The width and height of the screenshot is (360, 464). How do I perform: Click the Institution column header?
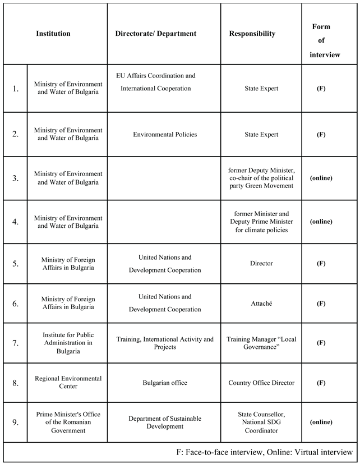[53, 34]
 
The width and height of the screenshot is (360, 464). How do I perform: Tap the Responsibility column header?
[252, 34]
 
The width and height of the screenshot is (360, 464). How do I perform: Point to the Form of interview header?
[321, 40]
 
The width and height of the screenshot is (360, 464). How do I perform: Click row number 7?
[15, 343]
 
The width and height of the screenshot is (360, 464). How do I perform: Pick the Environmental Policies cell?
[165, 135]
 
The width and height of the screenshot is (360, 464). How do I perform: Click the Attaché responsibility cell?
[261, 304]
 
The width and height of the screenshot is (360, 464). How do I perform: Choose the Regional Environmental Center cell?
[68, 383]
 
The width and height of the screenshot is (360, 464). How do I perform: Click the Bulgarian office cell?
[165, 383]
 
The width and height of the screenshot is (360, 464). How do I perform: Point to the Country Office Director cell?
[261, 383]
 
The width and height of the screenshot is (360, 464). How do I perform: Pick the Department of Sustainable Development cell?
[165, 422]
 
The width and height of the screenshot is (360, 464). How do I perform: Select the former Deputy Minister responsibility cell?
[261, 178]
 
